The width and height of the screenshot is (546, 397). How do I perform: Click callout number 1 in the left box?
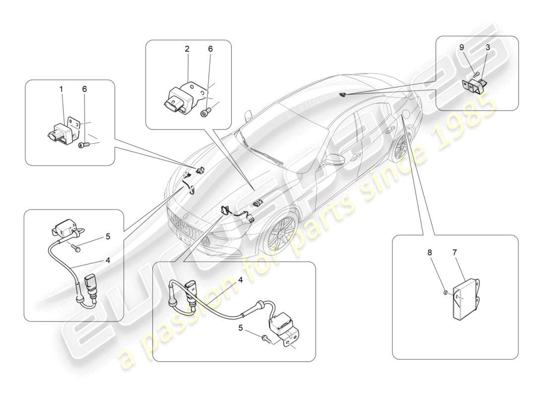point(62,89)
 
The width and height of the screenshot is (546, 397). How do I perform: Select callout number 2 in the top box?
point(187,49)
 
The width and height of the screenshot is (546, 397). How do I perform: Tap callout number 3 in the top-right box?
point(488,47)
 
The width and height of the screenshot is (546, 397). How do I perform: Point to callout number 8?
point(430,253)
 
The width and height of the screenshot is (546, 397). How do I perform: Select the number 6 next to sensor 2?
point(210,49)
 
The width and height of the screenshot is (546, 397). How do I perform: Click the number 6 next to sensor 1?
point(84,89)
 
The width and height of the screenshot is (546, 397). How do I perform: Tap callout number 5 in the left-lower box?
point(108,237)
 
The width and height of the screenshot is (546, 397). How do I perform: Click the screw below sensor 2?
point(205,113)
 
